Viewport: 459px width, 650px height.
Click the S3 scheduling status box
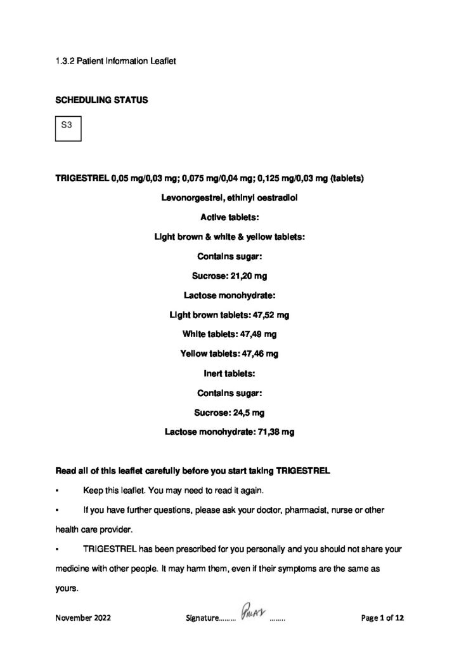click(x=67, y=128)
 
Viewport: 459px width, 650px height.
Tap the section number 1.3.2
click(x=67, y=62)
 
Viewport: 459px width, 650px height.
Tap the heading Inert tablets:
click(x=229, y=373)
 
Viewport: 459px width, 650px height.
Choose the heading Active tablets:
click(x=229, y=217)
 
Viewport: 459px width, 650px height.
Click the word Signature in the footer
click(x=202, y=616)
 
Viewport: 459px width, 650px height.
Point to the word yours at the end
click(x=66, y=588)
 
